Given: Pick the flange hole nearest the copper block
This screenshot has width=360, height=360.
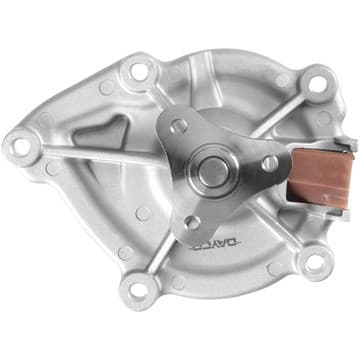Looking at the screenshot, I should pos(269,162).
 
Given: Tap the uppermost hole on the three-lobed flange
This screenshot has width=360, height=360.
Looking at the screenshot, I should pos(180,125).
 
